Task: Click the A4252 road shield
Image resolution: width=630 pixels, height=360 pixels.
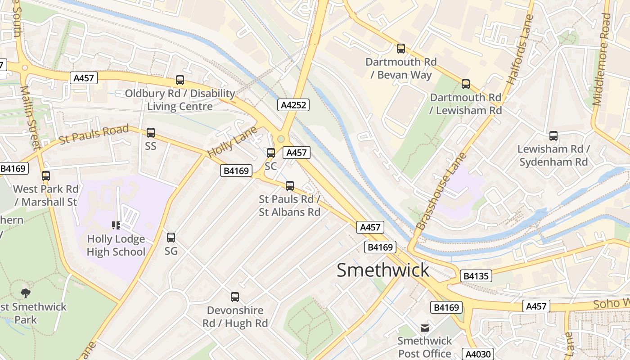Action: pos(293,105)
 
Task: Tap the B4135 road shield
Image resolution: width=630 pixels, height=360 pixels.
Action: pos(476,276)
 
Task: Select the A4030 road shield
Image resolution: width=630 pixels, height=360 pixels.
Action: pos(477,354)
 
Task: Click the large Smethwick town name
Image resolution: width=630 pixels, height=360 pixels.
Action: pos(383,270)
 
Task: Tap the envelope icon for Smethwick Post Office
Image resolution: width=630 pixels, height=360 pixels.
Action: pos(424,328)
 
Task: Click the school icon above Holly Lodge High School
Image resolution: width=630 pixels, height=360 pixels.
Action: pos(116,225)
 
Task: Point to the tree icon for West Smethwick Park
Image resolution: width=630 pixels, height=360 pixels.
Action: pos(26,293)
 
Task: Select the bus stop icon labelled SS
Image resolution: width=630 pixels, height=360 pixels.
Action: pos(151,133)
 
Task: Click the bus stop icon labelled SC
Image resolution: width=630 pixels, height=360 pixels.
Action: pos(271,153)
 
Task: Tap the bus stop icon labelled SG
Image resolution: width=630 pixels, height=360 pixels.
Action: pos(171,238)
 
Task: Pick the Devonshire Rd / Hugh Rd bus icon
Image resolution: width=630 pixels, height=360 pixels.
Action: pos(235,297)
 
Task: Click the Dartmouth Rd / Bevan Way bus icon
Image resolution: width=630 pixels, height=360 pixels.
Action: pos(400,49)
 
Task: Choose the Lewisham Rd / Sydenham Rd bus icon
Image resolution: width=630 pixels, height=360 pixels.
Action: pos(553,136)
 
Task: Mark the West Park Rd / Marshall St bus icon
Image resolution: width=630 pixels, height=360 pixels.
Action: pos(45,176)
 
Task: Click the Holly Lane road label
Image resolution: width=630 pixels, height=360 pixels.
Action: pos(232,142)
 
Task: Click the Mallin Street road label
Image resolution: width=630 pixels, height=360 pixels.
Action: pos(30,117)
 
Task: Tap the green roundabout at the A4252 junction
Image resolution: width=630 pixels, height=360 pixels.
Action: pos(281,139)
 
